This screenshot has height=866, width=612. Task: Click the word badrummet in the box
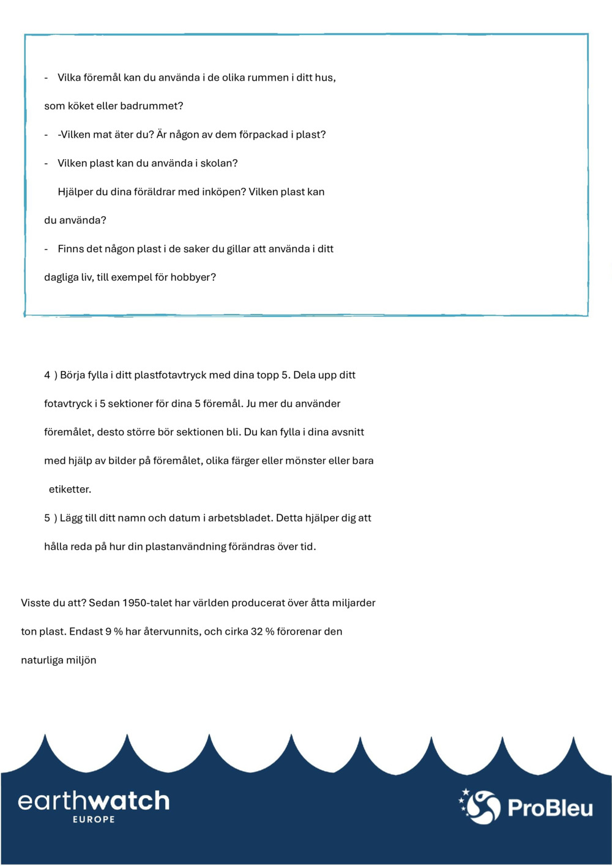tap(151, 106)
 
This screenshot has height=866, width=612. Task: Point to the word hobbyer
tap(193, 277)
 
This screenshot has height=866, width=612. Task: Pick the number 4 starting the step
tap(47, 375)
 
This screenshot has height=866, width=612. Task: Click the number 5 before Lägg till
tap(47, 518)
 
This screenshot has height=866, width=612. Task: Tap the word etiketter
tap(70, 490)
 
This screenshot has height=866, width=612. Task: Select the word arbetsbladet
tap(240, 518)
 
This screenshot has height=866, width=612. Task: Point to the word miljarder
tap(354, 603)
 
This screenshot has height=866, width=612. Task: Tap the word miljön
tap(81, 660)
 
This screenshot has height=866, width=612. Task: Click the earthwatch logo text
tap(94, 801)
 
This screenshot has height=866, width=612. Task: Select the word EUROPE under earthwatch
tap(94, 819)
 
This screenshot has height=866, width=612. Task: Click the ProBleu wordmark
tap(550, 808)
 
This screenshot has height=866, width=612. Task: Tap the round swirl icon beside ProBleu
tap(482, 807)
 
